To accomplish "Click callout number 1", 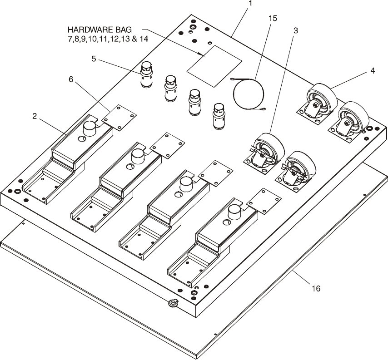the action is point(251,3).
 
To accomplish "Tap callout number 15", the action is point(273,18).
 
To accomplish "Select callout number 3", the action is point(295,31).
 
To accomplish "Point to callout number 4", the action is point(373,71).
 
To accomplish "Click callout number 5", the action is point(94,59).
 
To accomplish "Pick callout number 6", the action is point(71,79).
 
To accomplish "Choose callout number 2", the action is point(35,116).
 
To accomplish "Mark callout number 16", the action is point(316,288).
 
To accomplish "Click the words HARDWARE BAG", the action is point(99,30).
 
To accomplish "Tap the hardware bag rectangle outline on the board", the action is point(214,66).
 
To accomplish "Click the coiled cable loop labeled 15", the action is point(249,94).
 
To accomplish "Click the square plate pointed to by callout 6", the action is point(119,117).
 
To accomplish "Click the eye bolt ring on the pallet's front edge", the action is point(173,303).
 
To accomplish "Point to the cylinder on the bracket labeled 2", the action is point(90,128).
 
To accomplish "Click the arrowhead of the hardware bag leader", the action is point(202,54).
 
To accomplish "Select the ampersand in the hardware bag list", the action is point(134,39).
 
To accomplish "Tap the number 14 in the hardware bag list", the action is point(144,39).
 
